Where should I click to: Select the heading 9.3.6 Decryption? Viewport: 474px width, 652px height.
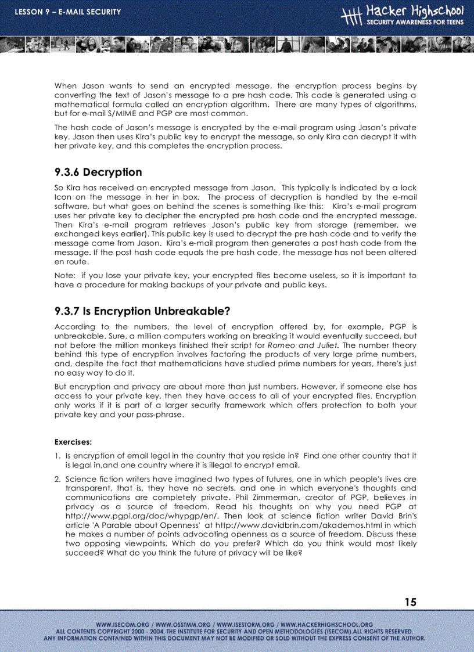pyautogui.click(x=98, y=172)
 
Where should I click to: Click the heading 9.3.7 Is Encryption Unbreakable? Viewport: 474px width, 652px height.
pyautogui.click(x=142, y=311)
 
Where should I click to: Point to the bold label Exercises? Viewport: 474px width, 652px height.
pyautogui.click(x=73, y=441)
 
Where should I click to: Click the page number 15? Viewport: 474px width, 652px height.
pyautogui.click(x=410, y=602)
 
